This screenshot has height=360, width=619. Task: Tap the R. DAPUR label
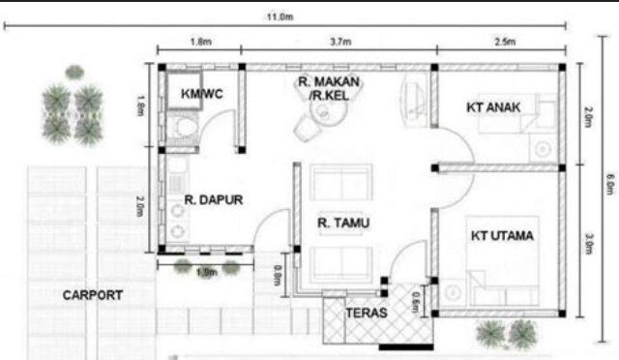(213, 201)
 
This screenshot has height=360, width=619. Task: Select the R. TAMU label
(344, 224)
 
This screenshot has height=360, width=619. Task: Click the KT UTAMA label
(503, 235)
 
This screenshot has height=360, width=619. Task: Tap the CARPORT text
(93, 294)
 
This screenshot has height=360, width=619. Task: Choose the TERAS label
(366, 314)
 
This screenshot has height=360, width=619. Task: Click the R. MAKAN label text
(330, 83)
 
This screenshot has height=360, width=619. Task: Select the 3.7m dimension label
(339, 43)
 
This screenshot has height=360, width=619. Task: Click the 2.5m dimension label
(504, 43)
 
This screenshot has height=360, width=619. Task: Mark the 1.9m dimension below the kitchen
(206, 273)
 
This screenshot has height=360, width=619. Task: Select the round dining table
(324, 117)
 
